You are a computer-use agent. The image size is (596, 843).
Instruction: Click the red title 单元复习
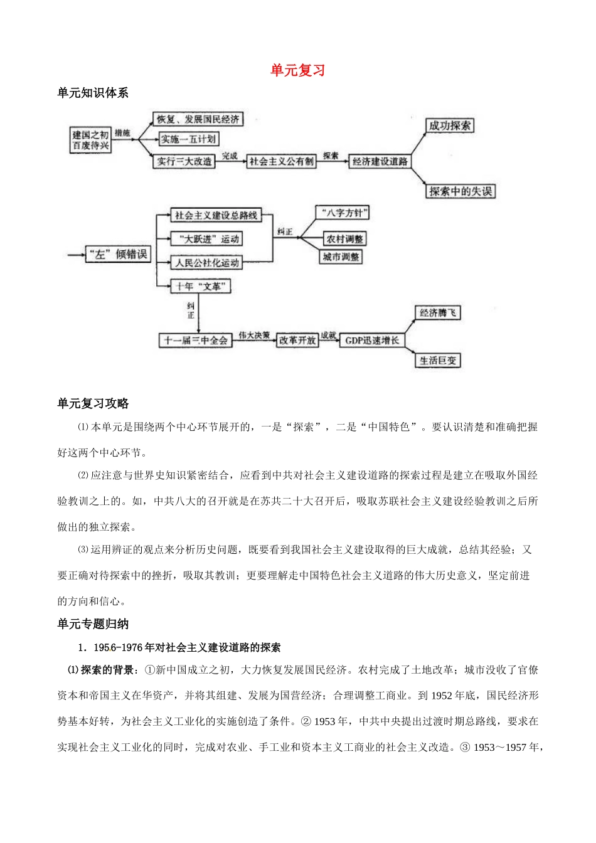click(x=297, y=70)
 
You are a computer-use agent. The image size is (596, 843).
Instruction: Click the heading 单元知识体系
click(x=93, y=93)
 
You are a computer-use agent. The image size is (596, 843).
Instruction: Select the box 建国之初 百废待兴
click(x=91, y=140)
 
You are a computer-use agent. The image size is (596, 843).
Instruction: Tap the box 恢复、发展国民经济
click(x=198, y=119)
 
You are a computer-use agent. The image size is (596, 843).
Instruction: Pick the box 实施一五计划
click(x=188, y=139)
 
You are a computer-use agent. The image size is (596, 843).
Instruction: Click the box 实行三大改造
click(x=184, y=161)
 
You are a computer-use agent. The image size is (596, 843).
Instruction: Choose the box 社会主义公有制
click(x=281, y=162)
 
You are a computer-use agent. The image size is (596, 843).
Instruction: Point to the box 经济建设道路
click(x=380, y=162)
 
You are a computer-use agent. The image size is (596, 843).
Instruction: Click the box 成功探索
click(x=449, y=125)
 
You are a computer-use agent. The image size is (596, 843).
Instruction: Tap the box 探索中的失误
click(x=460, y=191)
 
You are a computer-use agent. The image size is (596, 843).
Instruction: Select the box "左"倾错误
click(x=119, y=254)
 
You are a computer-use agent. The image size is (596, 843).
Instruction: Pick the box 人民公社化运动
click(x=206, y=263)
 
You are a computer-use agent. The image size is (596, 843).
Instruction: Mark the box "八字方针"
click(x=342, y=213)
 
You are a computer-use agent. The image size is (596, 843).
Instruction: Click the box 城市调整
click(x=341, y=257)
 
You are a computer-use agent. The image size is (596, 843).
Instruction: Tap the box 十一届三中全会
click(x=196, y=341)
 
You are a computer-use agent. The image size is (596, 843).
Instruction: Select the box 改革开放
click(x=297, y=341)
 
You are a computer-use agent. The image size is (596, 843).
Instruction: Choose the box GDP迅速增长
click(x=372, y=341)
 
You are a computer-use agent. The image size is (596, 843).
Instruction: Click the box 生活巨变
click(x=438, y=361)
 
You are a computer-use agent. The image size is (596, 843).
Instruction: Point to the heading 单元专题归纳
click(x=93, y=624)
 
